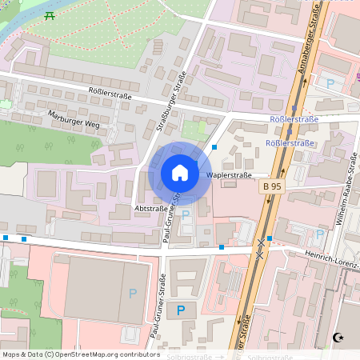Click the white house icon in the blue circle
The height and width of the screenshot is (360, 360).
[180, 173]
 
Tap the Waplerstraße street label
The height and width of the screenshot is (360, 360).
[230, 174]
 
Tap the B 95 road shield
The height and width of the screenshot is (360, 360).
[273, 186]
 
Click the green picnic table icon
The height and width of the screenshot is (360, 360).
[50, 15]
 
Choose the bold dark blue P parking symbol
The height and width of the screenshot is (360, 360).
[181, 310]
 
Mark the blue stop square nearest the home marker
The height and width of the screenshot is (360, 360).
[214, 146]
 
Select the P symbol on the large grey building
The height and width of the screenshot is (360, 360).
[133, 294]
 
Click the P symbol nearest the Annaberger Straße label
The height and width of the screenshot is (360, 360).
[330, 82]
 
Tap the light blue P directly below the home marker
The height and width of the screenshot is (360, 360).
[186, 214]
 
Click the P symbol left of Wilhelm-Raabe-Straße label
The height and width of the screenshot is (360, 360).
[319, 235]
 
